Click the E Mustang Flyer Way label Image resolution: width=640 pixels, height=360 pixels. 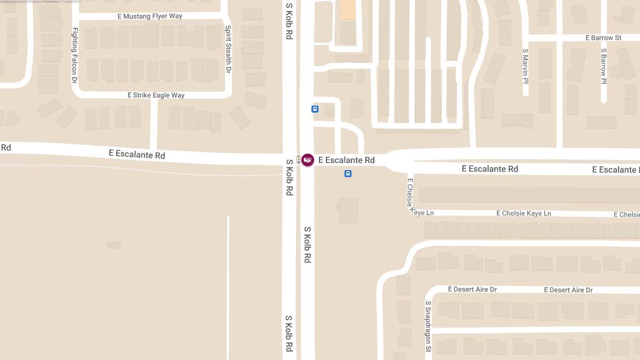(150, 16)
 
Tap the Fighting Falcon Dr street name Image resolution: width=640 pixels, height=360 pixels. (75, 55)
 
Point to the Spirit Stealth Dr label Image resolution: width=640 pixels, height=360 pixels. (228, 49)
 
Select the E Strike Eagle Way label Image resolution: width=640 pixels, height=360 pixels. (156, 95)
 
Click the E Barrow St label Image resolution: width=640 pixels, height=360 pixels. (603, 38)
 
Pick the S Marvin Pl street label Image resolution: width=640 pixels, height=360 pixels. (525, 66)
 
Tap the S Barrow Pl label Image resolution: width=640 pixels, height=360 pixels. (604, 66)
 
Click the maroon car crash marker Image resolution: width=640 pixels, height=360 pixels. (308, 159)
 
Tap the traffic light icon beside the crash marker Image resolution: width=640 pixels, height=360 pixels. (299, 158)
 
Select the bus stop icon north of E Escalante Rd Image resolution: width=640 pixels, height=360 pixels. (315, 109)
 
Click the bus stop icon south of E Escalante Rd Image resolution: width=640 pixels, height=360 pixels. (348, 173)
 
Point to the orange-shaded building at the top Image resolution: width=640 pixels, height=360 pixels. (348, 10)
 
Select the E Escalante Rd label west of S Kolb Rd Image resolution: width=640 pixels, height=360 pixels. (137, 155)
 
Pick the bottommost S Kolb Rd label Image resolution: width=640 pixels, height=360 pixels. (289, 333)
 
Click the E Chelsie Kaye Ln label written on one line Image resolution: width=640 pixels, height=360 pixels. (523, 213)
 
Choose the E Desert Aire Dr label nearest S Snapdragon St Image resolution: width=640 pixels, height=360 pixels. (472, 289)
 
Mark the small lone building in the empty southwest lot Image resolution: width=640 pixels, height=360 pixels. (114, 245)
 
